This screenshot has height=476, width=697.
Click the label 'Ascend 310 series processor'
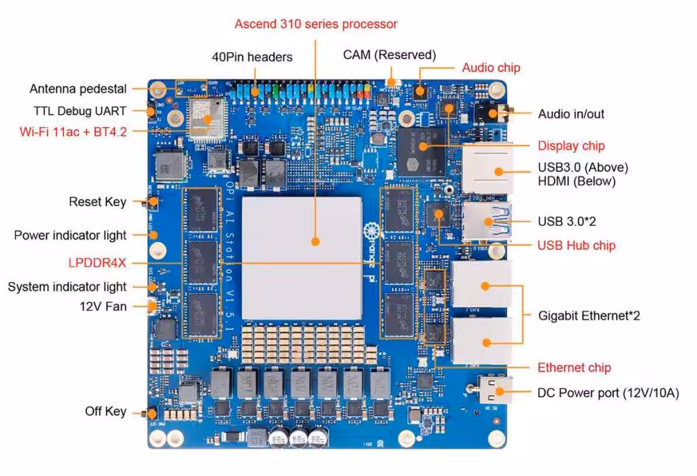[x=316, y=24]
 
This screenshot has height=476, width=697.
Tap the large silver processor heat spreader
[x=302, y=240]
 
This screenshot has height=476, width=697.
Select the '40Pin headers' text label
[x=252, y=57]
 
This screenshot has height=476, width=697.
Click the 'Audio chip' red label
[x=491, y=67]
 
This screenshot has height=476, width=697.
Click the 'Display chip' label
[x=571, y=146]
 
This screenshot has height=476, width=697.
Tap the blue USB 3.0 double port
[x=487, y=220]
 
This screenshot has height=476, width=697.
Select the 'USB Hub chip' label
[x=577, y=245]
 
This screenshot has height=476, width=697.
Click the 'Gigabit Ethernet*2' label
[x=589, y=316]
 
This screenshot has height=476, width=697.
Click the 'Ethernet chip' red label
[x=574, y=368]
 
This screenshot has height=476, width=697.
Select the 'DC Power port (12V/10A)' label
[x=608, y=393]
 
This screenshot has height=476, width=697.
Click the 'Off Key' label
[x=106, y=411]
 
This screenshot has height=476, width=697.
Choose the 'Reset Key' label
[x=97, y=202]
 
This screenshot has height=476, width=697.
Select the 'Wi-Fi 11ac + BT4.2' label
[x=74, y=131]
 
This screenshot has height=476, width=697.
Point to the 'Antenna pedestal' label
[x=78, y=89]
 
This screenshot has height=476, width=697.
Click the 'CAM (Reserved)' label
[x=389, y=55]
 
